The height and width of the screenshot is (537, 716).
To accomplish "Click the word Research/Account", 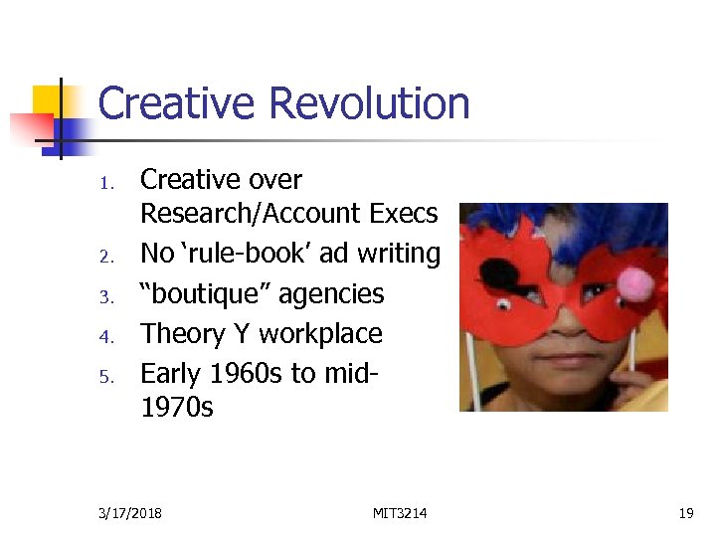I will [x=250, y=214].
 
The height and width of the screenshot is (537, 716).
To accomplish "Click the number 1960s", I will [x=263, y=374].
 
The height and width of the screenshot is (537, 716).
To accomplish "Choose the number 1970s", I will [x=177, y=408].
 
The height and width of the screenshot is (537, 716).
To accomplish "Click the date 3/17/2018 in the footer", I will [x=130, y=513].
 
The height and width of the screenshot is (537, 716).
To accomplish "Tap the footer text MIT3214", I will [x=400, y=513].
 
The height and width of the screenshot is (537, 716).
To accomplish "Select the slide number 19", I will [x=685, y=513].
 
